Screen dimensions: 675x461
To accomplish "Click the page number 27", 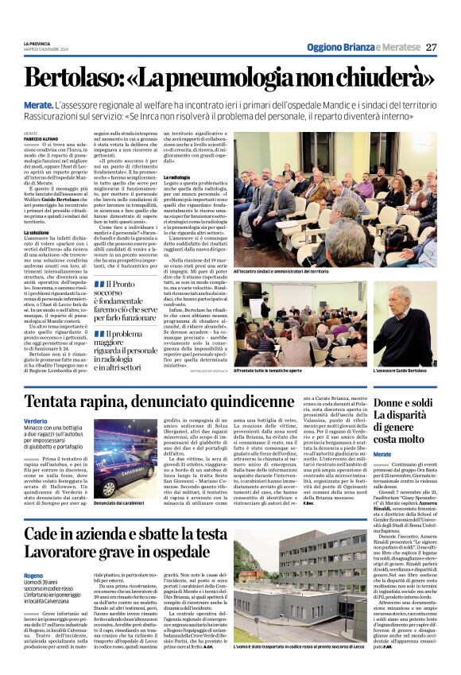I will click(x=431, y=47).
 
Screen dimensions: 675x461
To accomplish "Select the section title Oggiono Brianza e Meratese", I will click(x=362, y=48).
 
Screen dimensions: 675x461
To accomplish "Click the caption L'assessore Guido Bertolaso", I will click(x=400, y=370).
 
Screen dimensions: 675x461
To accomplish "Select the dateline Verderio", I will click(x=36, y=421).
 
